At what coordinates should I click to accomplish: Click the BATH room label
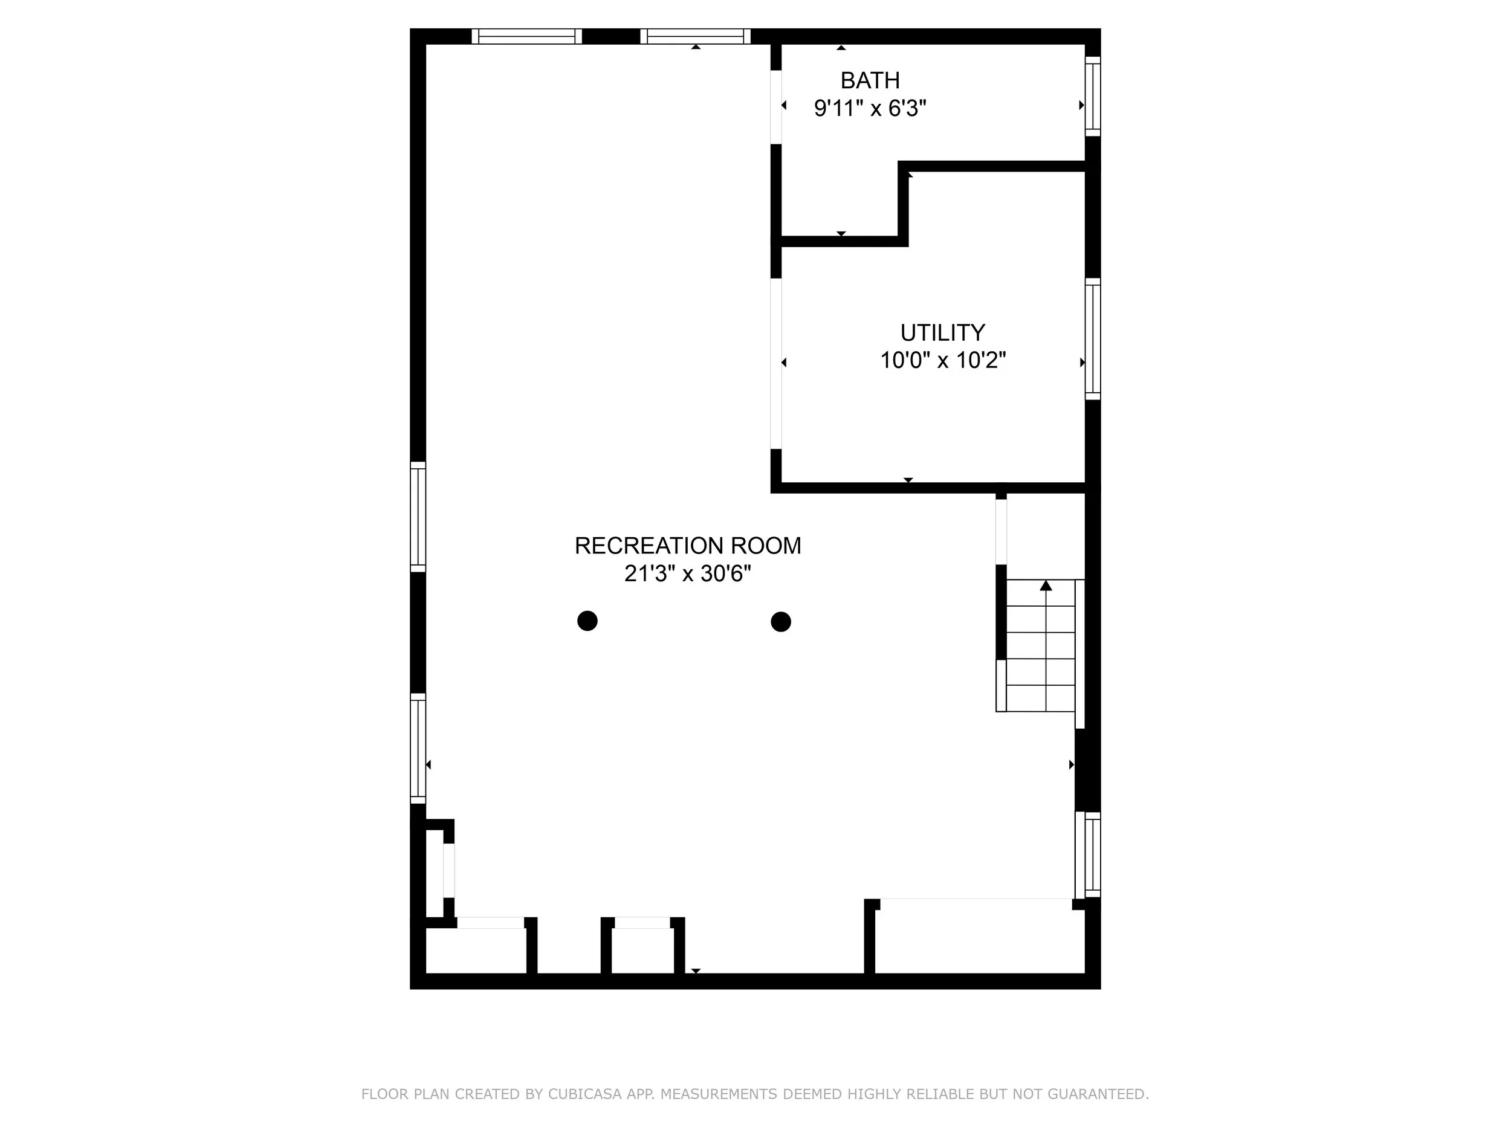870,80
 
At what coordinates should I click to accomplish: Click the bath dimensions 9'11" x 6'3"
870,108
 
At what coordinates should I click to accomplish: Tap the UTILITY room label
942,332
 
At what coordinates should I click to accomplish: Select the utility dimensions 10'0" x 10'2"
942,360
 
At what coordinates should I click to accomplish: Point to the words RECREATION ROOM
687,546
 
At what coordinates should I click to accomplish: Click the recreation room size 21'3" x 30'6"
687,573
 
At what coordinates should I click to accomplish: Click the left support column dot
587,621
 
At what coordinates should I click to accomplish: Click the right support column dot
781,621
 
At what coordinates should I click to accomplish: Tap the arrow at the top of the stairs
1046,586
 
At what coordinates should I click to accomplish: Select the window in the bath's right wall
1092,96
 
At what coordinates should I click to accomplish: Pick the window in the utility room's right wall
1092,339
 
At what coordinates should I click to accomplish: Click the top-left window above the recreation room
526,36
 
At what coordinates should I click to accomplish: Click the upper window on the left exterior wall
418,517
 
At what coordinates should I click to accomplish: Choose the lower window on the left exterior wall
418,749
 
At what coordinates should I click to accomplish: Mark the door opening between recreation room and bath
776,107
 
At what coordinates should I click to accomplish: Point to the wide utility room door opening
776,363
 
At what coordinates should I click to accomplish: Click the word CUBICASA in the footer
584,1095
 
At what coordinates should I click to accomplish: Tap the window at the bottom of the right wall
1092,854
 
